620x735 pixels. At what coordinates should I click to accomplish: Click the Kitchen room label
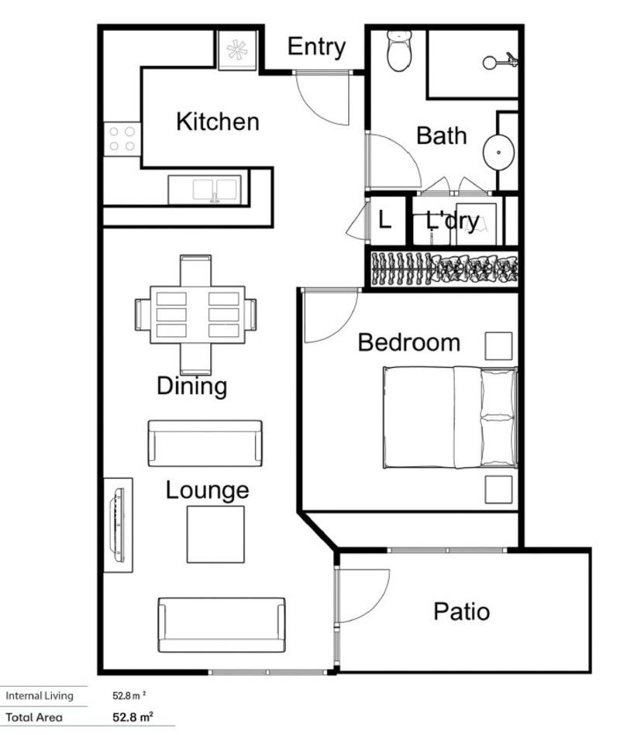[218, 122]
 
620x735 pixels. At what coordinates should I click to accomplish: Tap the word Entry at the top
[315, 46]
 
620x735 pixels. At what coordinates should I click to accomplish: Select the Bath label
[442, 136]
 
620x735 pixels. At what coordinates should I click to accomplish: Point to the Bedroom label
[408, 342]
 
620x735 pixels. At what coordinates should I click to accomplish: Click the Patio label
[461, 612]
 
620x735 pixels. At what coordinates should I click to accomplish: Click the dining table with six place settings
[195, 314]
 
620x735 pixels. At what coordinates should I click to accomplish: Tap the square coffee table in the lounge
[215, 534]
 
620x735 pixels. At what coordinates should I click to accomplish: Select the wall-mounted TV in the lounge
[118, 524]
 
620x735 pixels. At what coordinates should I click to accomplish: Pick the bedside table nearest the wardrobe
[499, 345]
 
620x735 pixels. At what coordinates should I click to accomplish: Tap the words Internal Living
[40, 696]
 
